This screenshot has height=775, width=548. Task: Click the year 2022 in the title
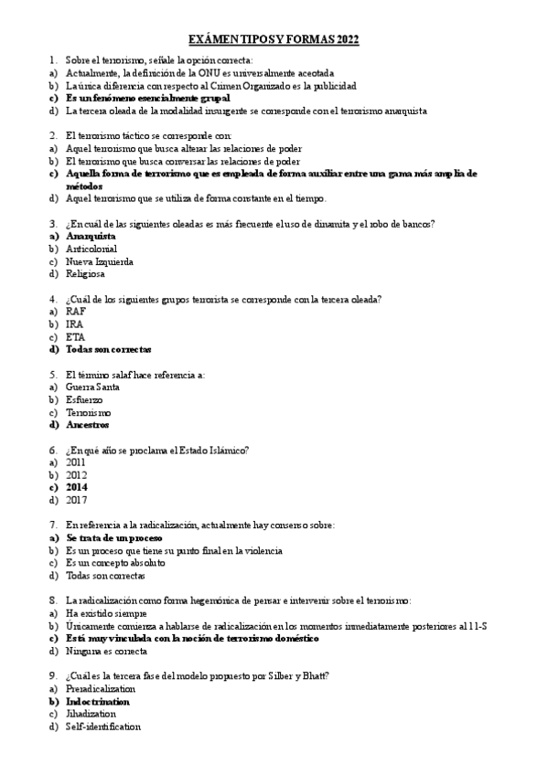[346, 39]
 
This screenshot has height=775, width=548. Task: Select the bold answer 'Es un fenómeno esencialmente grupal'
[147, 98]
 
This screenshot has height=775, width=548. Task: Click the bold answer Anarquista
[91, 236]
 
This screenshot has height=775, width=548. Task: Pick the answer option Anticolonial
[91, 249]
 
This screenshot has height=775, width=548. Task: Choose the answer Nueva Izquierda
[100, 261]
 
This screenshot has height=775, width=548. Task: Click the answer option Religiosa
[85, 274]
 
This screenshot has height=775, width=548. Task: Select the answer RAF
[77, 312]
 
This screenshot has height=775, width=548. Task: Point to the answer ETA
[76, 337]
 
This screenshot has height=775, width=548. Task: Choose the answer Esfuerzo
[84, 400]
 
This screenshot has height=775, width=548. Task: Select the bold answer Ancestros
[88, 425]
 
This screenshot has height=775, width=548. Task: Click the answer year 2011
[77, 463]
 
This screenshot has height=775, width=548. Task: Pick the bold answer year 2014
[77, 488]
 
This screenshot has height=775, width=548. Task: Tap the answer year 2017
[77, 501]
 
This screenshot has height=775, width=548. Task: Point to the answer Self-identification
[103, 727]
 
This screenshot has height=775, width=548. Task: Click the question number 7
[52, 526]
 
